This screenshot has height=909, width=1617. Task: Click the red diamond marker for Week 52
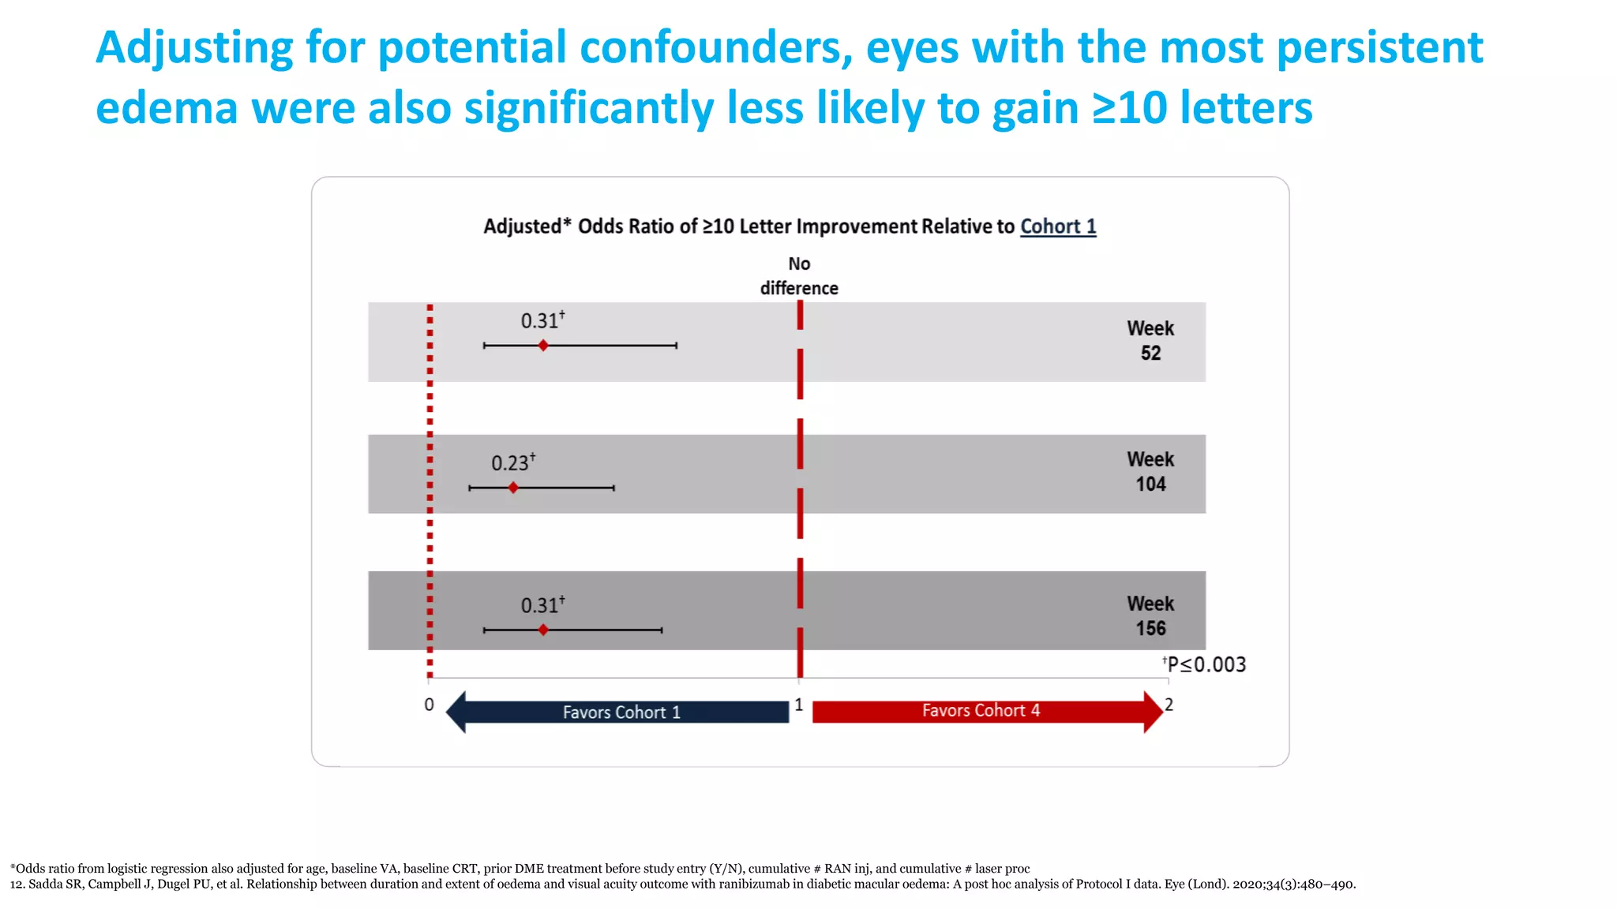point(543,346)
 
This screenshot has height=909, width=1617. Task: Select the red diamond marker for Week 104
point(513,488)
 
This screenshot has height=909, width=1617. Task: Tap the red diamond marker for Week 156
point(543,630)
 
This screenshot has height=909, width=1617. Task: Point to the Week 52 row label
point(1150,341)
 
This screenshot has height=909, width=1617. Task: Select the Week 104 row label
point(1150,472)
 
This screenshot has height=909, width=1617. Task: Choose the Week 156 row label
point(1150,616)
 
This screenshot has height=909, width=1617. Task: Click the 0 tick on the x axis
point(429,705)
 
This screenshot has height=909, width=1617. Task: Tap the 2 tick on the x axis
point(1169,705)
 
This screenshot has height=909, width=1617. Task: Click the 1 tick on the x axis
point(799,705)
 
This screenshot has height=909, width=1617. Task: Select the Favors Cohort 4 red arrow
point(983,711)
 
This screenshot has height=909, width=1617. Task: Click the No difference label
point(799,276)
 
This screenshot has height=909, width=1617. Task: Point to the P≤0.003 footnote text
point(1206,664)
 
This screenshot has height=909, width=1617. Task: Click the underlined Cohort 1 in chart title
point(1058,226)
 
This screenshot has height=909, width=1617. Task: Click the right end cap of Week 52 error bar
point(677,346)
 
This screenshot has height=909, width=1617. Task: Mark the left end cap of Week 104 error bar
point(469,488)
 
